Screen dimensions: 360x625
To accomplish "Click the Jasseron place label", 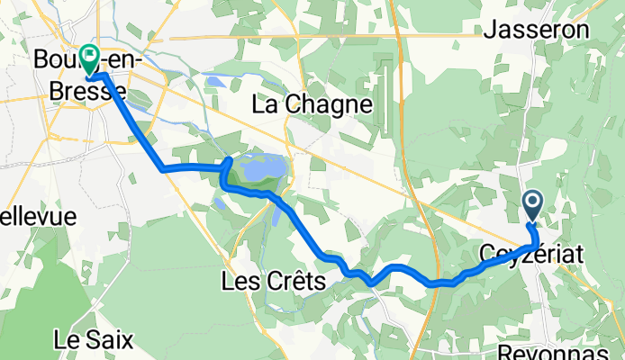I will click(x=549, y=30).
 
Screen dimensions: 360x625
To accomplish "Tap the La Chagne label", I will click(x=312, y=104).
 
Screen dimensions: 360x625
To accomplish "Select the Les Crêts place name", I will click(x=272, y=282).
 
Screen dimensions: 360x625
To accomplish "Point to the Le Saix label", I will click(x=94, y=340).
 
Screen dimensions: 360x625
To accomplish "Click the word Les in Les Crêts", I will click(x=238, y=282).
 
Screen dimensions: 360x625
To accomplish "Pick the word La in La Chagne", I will click(x=264, y=104).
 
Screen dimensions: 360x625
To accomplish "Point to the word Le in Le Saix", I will click(x=68, y=340).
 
